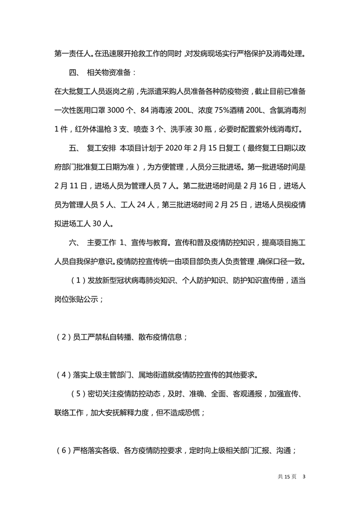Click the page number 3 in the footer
coord(303,476)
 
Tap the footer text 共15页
coord(287,476)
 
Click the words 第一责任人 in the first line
coord(72,53)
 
